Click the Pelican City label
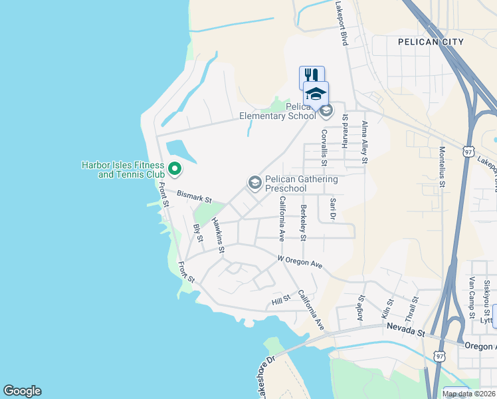(431, 42)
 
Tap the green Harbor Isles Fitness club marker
(175, 170)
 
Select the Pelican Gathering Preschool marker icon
(254, 182)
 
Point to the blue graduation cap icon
(317, 93)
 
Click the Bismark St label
(194, 198)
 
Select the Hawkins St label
(218, 236)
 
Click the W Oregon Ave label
(300, 261)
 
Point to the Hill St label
(282, 301)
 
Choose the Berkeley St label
(303, 223)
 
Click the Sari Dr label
(332, 208)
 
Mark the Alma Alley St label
(364, 142)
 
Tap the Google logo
(22, 391)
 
